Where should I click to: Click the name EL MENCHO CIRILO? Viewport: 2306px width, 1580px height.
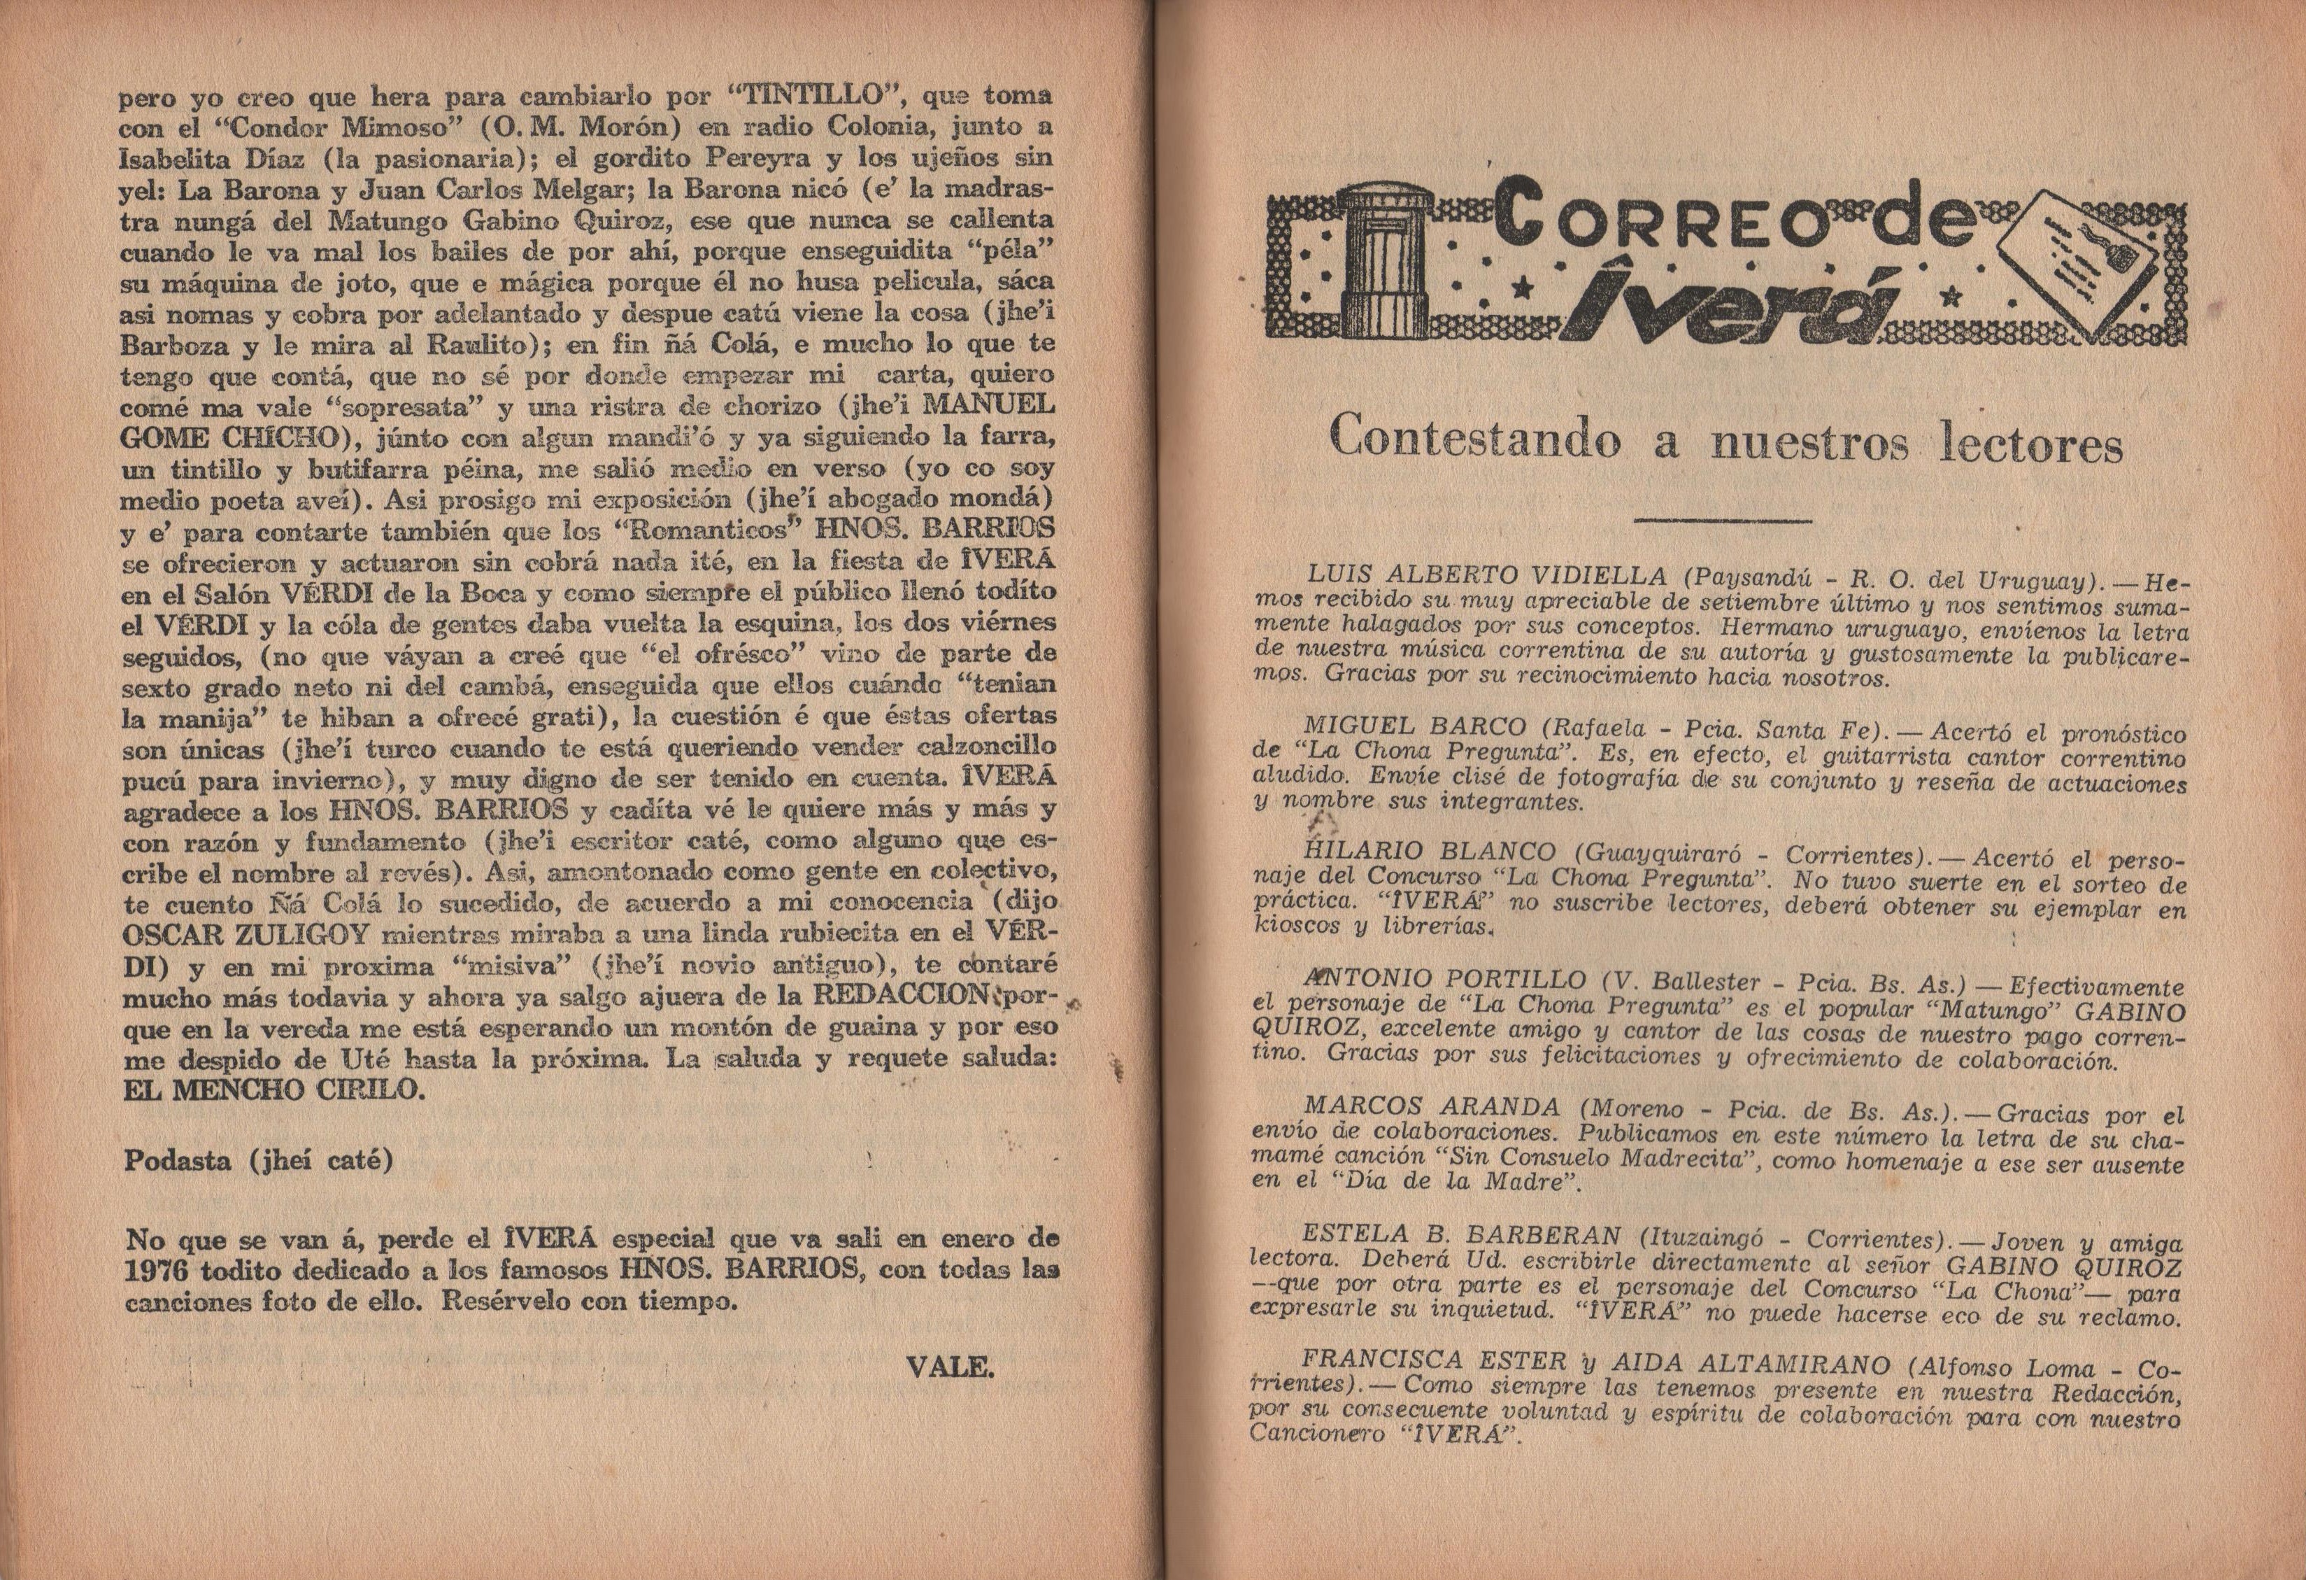tap(272, 1089)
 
